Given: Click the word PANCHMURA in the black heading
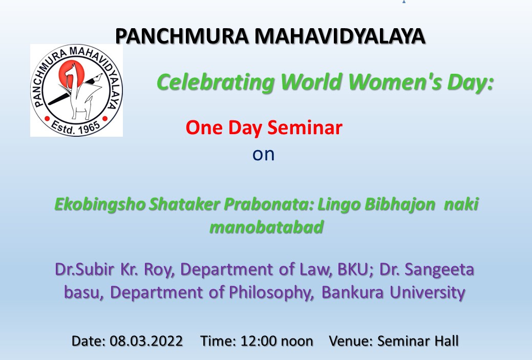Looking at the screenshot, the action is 182,36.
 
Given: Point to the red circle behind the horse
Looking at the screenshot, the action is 71,74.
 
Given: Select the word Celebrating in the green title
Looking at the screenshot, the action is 216,82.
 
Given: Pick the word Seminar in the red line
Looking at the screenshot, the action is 305,128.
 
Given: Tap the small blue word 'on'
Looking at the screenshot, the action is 263,154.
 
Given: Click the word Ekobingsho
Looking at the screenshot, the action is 100,205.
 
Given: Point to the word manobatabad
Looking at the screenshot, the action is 266,227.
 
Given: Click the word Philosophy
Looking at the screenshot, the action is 271,292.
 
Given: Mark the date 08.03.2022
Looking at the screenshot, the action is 146,341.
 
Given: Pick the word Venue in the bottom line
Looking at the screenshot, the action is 351,341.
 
